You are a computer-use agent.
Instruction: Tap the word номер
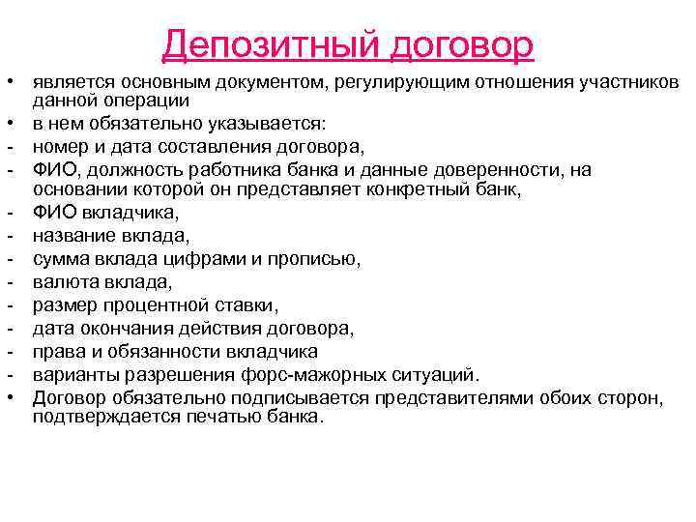(x=57, y=147)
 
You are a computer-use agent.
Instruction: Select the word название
(x=72, y=235)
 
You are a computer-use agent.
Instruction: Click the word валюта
(x=62, y=282)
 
